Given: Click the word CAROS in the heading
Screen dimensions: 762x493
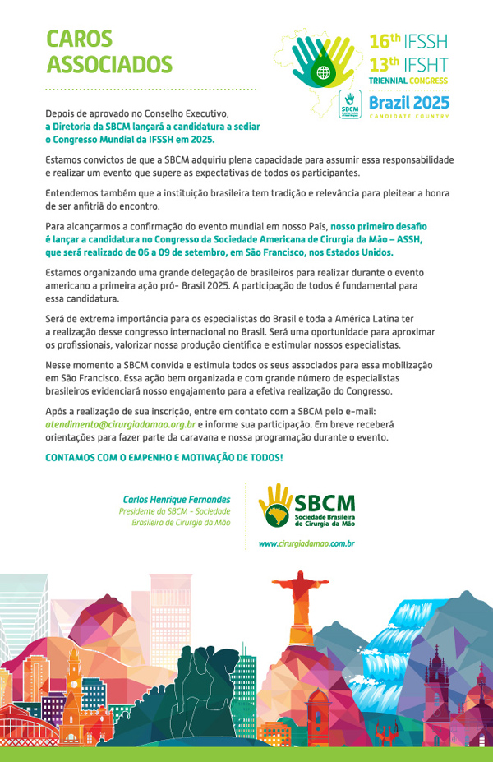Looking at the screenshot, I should point(79,39).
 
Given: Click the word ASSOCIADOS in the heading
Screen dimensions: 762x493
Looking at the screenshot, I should point(109,65).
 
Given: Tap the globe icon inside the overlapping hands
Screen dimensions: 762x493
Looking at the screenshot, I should point(324,72).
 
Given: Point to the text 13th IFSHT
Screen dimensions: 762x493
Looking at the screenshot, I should point(408,63).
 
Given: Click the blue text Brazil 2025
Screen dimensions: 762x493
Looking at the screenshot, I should point(408,103).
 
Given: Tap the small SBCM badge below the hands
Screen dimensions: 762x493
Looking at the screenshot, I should point(350,105).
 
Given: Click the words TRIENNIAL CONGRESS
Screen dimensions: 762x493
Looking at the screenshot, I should point(408,82).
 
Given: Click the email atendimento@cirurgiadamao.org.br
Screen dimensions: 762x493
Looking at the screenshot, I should point(120,424).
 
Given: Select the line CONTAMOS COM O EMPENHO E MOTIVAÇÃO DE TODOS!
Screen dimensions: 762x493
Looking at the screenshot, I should point(164,457).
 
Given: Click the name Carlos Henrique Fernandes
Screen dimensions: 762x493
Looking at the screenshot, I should point(177,499).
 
